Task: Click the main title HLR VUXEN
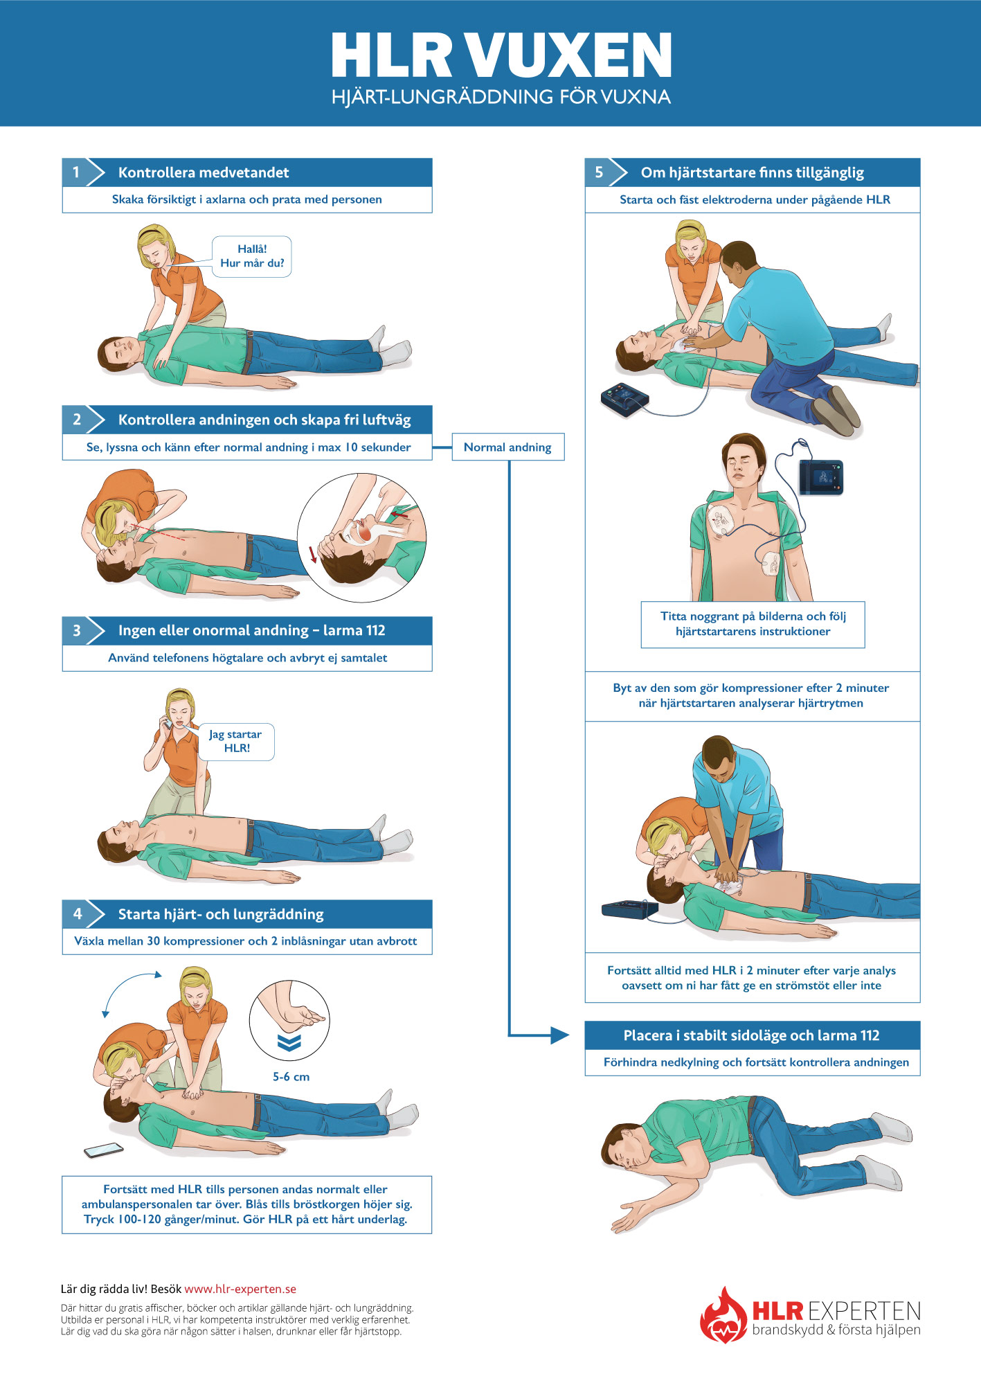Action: tap(501, 55)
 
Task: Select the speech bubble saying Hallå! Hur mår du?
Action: tap(252, 256)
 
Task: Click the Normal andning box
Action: tap(507, 447)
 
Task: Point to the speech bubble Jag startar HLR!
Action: tap(236, 741)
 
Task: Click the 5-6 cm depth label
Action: tap(291, 1077)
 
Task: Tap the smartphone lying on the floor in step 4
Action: tap(104, 1150)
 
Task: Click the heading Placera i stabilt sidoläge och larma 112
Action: tap(751, 1035)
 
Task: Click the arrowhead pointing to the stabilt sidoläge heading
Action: tap(559, 1035)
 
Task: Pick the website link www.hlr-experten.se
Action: tap(240, 1289)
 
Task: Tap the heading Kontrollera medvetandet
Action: tap(204, 172)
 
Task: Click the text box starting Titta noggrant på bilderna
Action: tap(753, 624)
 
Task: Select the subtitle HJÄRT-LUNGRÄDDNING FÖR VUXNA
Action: tap(501, 97)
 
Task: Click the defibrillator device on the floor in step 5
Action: tap(624, 400)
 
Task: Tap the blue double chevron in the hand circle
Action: tap(289, 1043)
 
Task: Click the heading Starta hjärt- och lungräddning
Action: tap(221, 914)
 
